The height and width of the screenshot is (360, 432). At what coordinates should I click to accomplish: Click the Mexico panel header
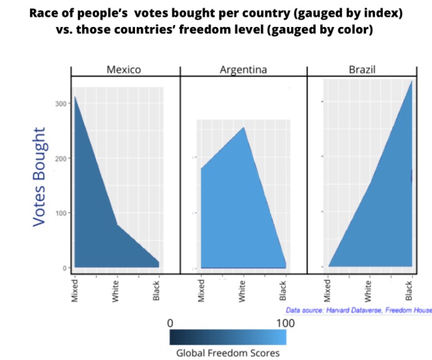click(x=123, y=70)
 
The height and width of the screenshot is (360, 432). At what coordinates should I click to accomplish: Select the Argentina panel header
click(x=243, y=70)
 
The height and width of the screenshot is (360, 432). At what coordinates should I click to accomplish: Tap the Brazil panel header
click(x=362, y=70)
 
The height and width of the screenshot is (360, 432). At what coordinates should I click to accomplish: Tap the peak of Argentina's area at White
click(x=244, y=128)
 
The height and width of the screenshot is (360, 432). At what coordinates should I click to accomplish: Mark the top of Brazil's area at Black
click(x=411, y=81)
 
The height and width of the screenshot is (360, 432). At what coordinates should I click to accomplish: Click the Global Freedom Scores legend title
click(x=227, y=352)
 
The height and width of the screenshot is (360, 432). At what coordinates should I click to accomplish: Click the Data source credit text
click(x=358, y=310)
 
